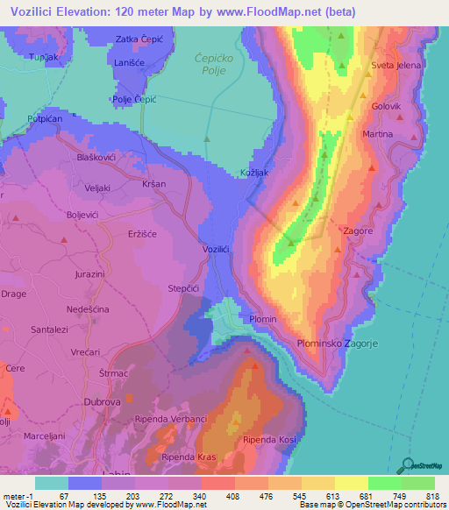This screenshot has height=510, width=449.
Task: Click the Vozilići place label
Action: pyautogui.click(x=216, y=250)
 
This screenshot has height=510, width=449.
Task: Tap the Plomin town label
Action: pyautogui.click(x=263, y=319)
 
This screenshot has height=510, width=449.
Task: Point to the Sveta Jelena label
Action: pyautogui.click(x=396, y=66)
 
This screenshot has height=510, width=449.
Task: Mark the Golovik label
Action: pyautogui.click(x=386, y=106)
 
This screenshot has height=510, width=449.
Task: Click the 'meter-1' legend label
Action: pyautogui.click(x=18, y=496)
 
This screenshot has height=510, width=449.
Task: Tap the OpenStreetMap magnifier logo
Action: pyautogui.click(x=410, y=464)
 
